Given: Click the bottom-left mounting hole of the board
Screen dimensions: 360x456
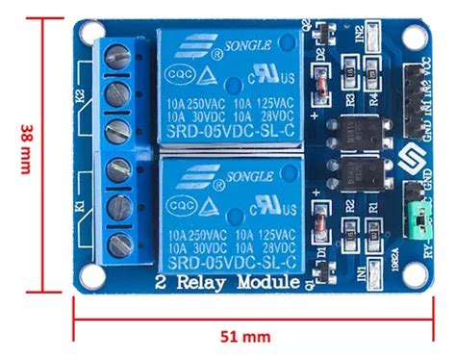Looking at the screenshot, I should click(90, 276).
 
